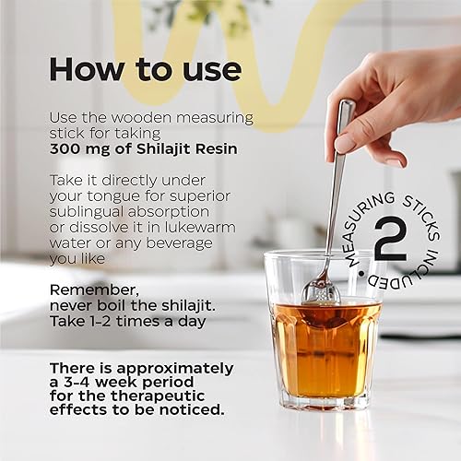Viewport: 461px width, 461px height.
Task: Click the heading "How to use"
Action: tap(145, 69)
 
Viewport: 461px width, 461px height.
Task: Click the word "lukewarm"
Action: tap(197, 227)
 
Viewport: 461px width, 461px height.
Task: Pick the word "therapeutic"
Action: tap(159, 394)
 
